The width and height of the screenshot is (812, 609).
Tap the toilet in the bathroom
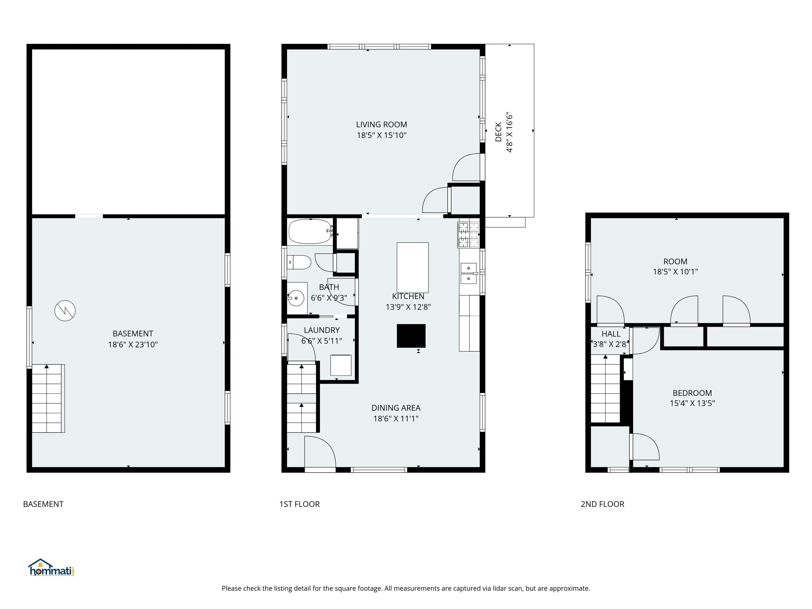coord(299,262)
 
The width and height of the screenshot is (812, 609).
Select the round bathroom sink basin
coord(296,298)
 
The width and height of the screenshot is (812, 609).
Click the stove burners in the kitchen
coord(469,235)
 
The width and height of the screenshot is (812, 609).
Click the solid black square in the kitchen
coord(411,336)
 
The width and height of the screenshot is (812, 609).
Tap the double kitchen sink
coord(469,273)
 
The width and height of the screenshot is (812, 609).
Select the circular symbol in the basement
coord(65,310)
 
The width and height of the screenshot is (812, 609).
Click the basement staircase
coord(48,398)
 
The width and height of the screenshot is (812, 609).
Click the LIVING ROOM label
coord(381,125)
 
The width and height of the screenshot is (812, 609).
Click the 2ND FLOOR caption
coord(603,504)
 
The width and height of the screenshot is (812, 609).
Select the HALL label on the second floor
coord(611,334)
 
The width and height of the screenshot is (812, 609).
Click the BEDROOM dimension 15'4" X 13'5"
coord(692,403)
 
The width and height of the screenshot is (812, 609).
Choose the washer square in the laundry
coord(341,365)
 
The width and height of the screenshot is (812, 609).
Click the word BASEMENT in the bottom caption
coord(43,504)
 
